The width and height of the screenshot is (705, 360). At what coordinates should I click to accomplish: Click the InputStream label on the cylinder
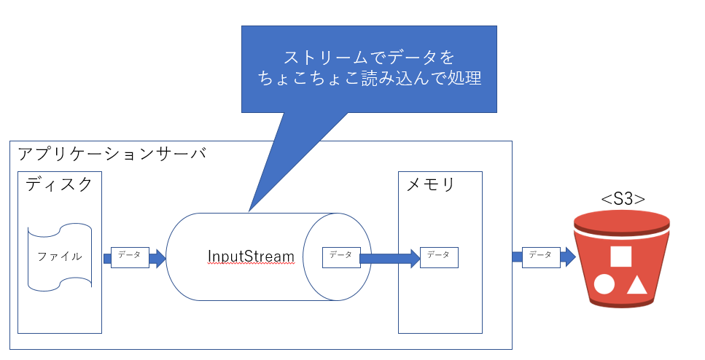[x=251, y=257]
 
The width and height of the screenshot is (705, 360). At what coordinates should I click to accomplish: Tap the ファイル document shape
[x=60, y=257]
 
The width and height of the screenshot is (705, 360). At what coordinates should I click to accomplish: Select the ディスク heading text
[x=60, y=184]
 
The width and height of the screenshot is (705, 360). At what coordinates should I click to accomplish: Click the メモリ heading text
[x=430, y=184]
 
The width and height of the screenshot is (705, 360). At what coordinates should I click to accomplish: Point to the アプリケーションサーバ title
[x=112, y=154]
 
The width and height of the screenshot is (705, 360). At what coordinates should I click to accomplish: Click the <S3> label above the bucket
[x=622, y=198]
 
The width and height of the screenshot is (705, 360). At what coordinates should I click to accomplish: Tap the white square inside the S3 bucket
[x=620, y=257]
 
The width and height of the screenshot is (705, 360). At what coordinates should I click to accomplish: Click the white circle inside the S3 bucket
[x=604, y=284]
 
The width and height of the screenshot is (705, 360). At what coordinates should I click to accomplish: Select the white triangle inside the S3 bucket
[x=637, y=284]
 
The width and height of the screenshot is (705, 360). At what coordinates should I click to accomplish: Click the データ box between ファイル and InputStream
[x=130, y=257]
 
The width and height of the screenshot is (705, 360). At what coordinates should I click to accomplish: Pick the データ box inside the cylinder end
[x=340, y=256]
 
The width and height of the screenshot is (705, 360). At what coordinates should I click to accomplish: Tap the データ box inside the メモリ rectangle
[x=439, y=257]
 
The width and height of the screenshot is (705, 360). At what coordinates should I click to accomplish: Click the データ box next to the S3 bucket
[x=540, y=256]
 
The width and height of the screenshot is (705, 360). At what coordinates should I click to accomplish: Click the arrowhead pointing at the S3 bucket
[x=569, y=257]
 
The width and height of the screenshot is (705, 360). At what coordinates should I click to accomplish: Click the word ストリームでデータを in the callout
[x=369, y=57]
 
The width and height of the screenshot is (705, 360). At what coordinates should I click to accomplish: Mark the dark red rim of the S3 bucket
[x=621, y=220]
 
